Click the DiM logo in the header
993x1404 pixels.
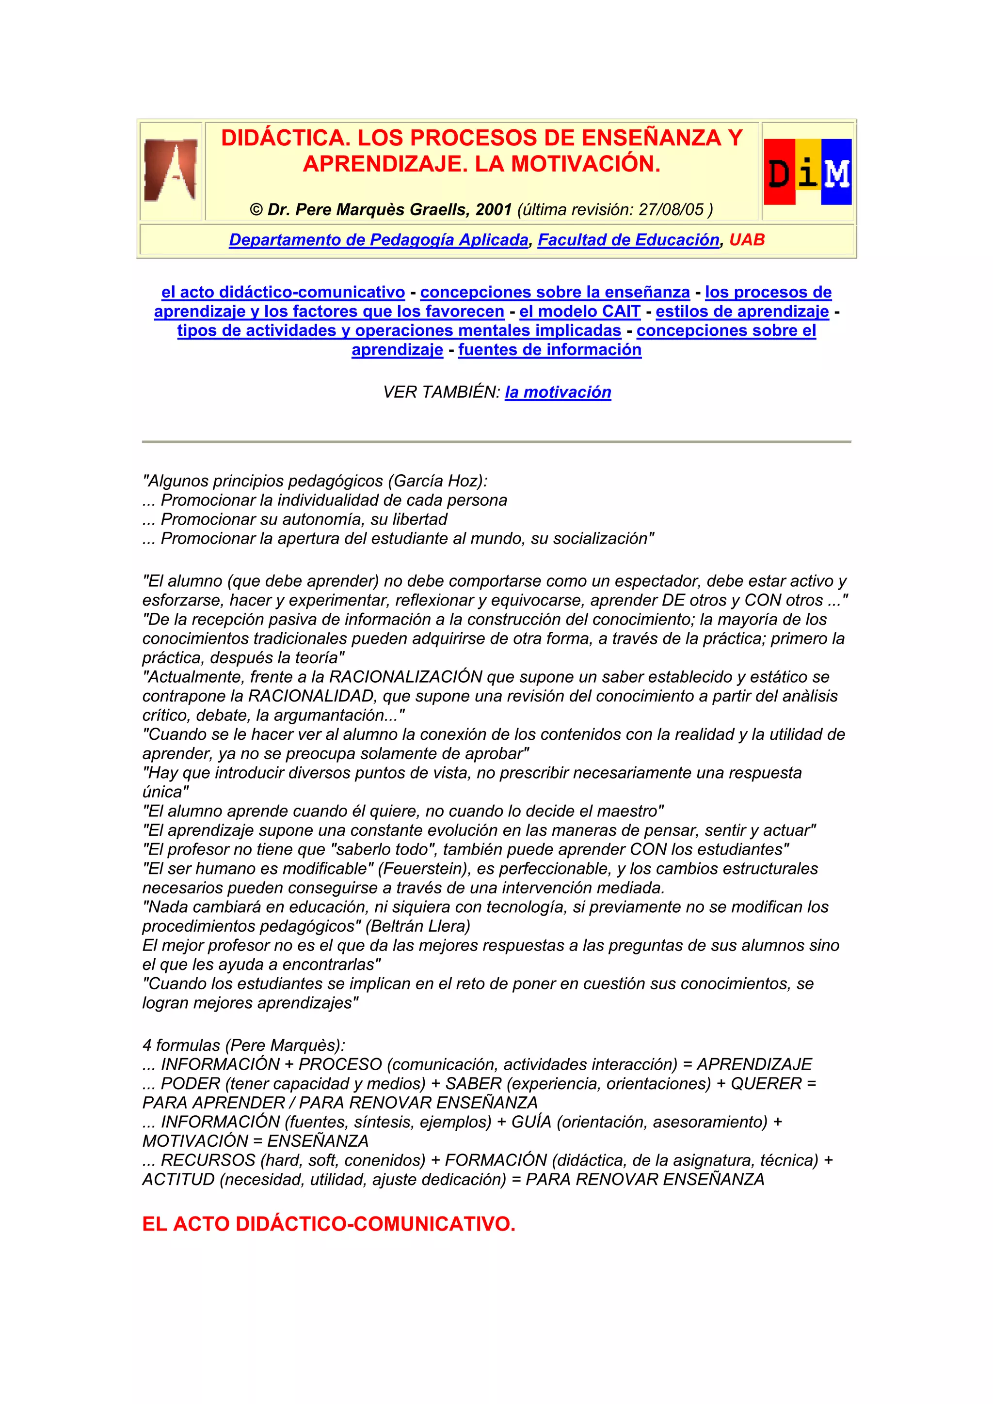point(808,172)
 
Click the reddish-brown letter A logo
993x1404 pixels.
point(171,170)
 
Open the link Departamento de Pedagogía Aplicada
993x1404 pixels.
point(378,240)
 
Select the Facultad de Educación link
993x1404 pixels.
point(628,240)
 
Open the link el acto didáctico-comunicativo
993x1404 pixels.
point(283,292)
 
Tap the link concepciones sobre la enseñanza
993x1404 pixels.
point(555,292)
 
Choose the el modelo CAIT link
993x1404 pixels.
point(579,311)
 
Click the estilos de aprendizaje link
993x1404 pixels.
point(742,311)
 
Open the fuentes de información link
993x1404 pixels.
point(549,350)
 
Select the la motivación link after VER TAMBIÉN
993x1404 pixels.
point(558,392)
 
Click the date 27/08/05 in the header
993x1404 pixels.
point(671,210)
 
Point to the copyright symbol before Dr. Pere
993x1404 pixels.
point(256,210)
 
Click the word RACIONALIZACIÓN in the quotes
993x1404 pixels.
point(406,677)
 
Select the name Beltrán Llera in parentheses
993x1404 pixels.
point(418,926)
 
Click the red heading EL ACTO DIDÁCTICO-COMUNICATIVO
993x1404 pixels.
point(329,1224)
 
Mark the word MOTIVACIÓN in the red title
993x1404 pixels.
point(585,164)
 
